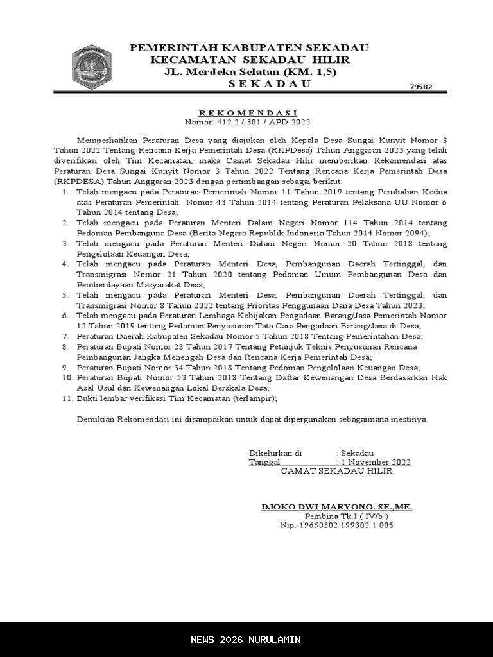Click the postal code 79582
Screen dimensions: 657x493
(420, 87)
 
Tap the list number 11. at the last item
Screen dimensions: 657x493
(67, 398)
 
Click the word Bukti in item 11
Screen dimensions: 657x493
(87, 398)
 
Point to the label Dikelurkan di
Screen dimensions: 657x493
(275, 453)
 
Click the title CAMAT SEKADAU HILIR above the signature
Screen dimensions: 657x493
(336, 471)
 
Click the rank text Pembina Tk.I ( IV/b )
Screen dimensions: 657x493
(346, 516)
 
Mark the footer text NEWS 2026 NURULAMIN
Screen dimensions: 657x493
(246, 640)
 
